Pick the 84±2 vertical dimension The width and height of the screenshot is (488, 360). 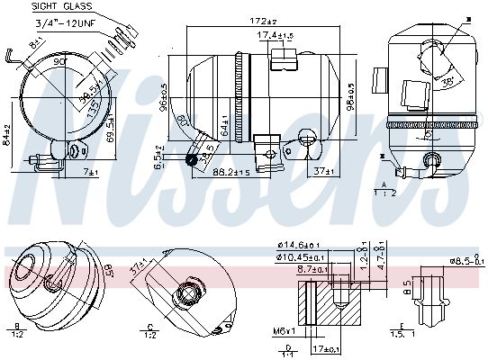tap(7, 136)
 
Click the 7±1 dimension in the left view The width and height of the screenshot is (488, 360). tap(91, 170)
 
